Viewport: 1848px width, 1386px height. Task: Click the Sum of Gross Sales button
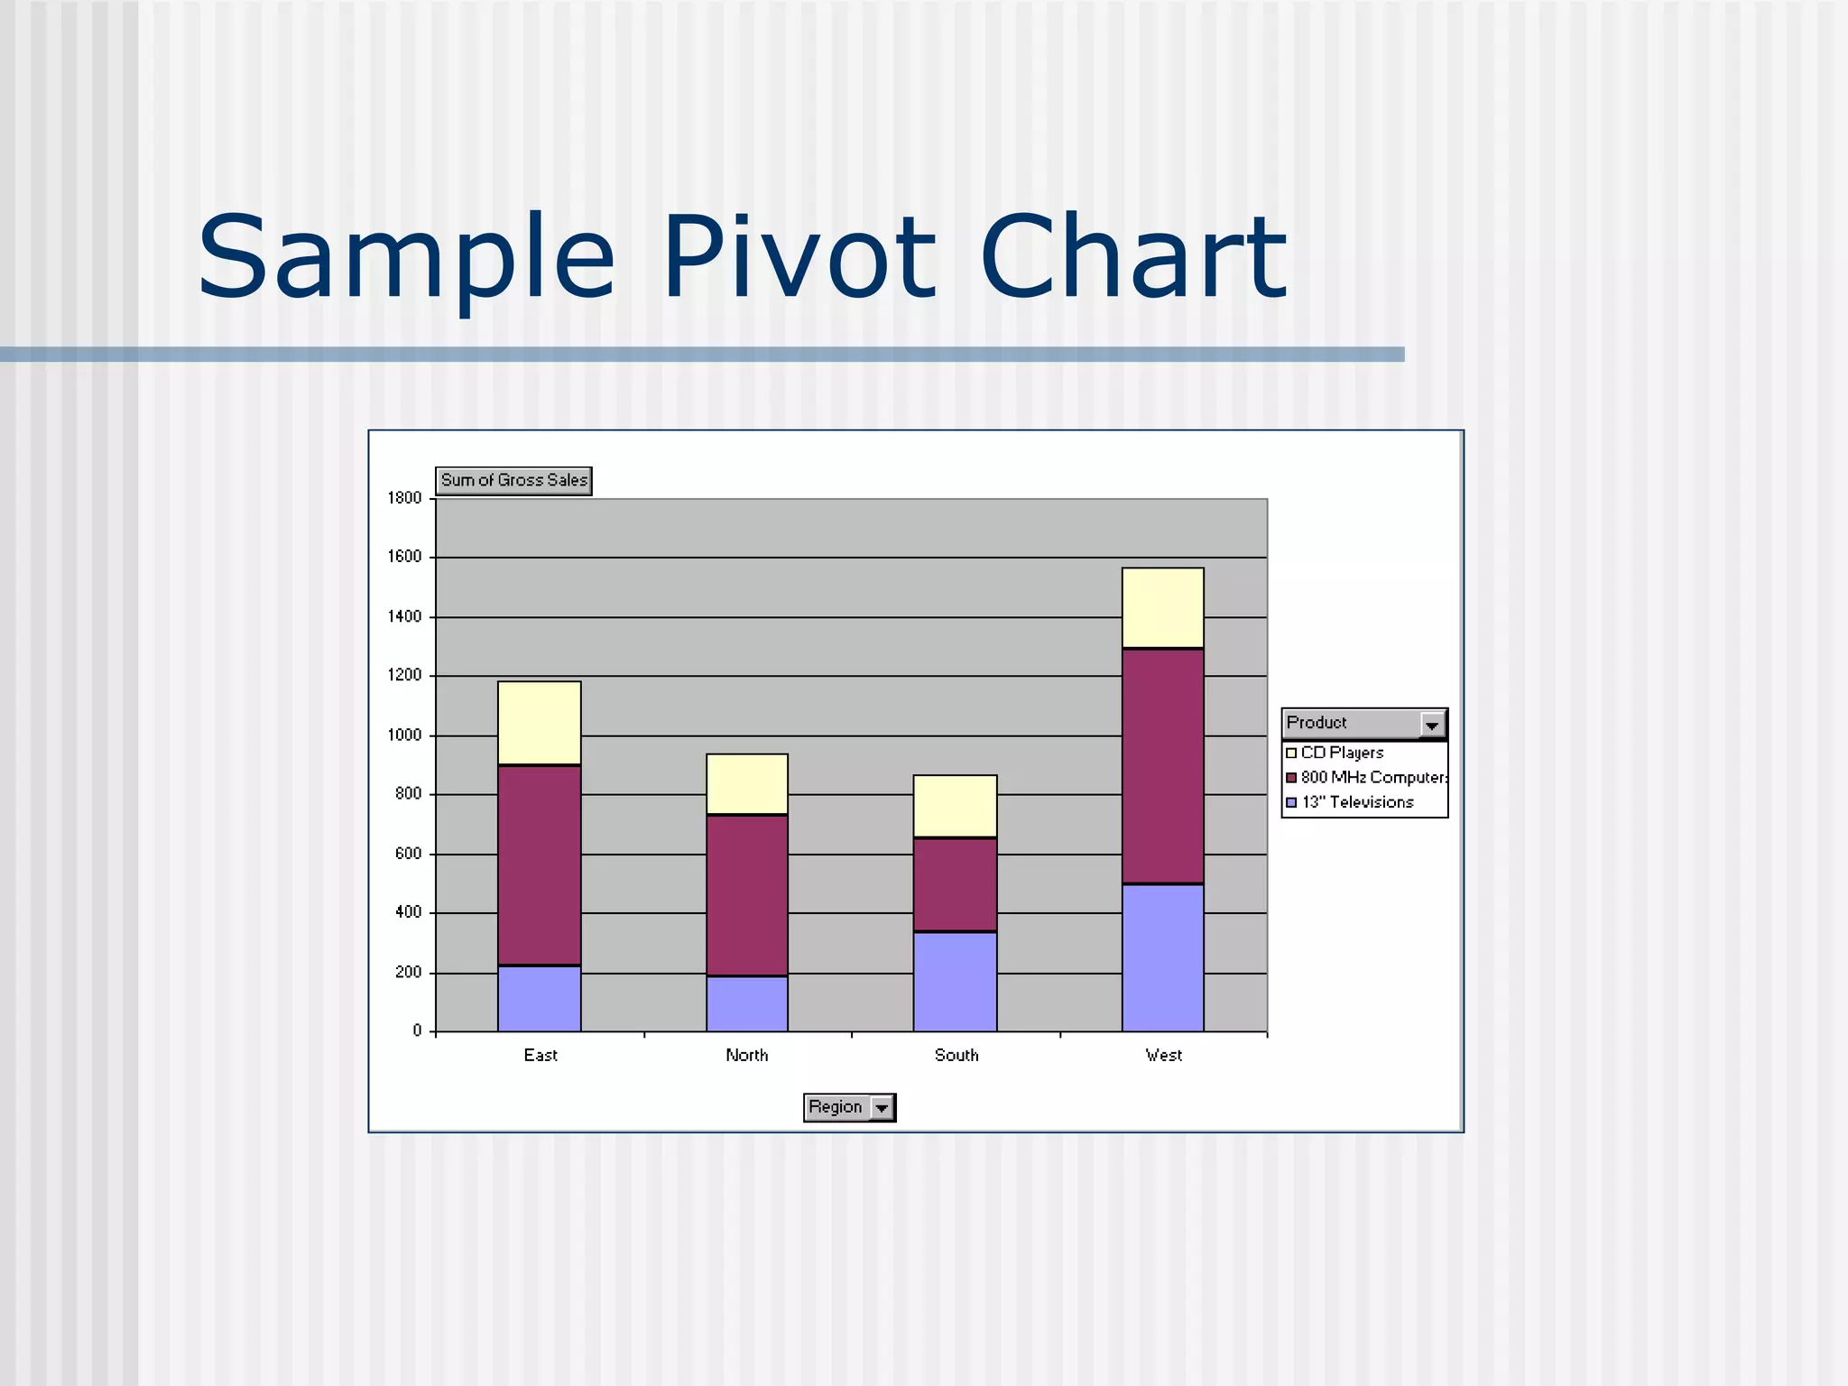coord(513,480)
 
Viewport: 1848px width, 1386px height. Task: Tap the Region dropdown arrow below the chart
coord(882,1107)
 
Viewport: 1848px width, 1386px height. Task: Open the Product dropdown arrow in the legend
coord(1432,724)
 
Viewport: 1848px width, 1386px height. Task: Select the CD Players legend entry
coord(1341,753)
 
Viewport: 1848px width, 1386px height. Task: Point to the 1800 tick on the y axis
coord(404,498)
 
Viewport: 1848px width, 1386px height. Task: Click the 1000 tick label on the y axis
coord(404,735)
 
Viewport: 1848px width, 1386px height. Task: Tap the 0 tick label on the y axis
coord(417,1030)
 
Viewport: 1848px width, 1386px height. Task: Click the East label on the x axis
coord(541,1055)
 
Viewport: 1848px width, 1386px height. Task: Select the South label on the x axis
coord(956,1055)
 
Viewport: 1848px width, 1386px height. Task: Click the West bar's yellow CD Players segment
coord(1162,607)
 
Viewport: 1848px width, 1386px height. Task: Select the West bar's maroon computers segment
coord(1162,765)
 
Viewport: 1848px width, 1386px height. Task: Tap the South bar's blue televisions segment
coord(955,982)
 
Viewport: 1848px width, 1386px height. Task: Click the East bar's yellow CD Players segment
coord(539,723)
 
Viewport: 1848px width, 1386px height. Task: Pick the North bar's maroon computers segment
coord(746,895)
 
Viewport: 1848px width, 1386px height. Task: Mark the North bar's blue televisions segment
coord(746,1003)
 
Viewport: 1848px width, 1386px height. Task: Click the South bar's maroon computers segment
coord(955,884)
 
